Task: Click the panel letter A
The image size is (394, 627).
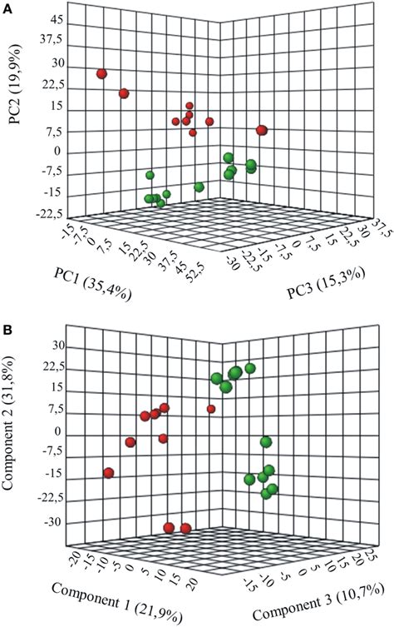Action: click(x=7, y=7)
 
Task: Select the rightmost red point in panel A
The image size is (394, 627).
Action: click(x=263, y=130)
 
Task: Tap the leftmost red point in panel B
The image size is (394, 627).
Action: click(x=109, y=473)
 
